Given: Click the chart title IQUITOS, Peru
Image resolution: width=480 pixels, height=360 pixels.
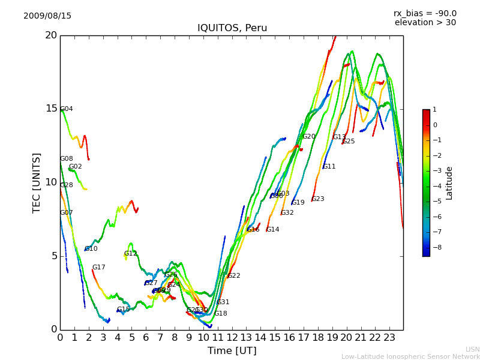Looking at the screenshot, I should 232,28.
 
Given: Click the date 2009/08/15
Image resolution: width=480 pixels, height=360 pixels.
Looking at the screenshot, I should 47,16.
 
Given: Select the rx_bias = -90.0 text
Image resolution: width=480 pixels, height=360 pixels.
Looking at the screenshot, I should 425,14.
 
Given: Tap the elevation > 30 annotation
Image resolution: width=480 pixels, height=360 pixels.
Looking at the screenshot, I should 425,23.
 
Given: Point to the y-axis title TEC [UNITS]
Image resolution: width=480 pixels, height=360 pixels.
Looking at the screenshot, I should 37,182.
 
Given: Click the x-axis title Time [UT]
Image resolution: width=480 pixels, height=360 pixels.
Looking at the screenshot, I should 232,351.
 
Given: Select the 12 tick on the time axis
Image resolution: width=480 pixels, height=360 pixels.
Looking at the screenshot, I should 232,338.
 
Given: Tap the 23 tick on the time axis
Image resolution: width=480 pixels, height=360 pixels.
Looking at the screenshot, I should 389,338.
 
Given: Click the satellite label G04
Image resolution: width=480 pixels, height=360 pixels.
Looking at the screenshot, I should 67,109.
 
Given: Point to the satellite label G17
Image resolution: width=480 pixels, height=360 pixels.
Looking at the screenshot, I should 98,268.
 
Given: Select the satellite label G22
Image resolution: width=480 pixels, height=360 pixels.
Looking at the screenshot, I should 233,276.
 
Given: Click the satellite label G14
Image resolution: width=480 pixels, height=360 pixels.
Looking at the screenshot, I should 272,230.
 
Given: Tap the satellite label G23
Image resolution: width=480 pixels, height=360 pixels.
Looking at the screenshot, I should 317,199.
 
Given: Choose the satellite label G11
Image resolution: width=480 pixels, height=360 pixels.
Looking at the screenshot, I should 329,167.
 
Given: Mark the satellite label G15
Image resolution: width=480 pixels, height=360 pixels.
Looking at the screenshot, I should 123,310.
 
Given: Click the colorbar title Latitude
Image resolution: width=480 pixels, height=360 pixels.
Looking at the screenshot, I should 449,183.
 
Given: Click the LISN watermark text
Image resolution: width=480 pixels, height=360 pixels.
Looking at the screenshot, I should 473,349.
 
